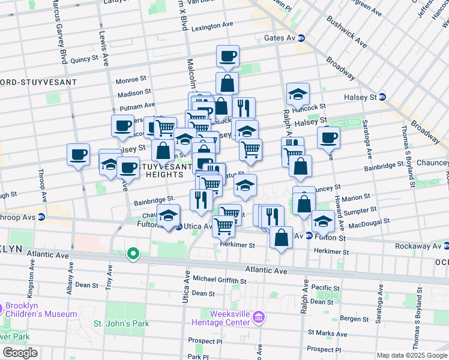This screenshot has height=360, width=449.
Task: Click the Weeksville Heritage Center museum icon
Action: pos(258,317)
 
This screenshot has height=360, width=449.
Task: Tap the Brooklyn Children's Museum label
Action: pos(40,310)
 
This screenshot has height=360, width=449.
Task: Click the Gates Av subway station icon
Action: pos(301,38)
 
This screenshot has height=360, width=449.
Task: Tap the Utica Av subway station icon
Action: pos(179,227)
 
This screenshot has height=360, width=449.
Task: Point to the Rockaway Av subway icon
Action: pos(447,245)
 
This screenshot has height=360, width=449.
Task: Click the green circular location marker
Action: pos(132,254)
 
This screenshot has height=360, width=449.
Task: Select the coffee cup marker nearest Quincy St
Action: pos(228,57)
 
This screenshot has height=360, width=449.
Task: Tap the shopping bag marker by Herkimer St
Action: pos(280,238)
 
